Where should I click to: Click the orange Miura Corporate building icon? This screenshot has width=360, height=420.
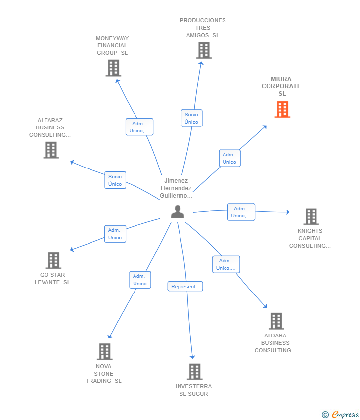(x=282, y=109)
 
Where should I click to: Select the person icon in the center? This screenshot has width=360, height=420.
(x=178, y=212)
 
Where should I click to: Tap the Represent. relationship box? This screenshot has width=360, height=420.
(x=185, y=286)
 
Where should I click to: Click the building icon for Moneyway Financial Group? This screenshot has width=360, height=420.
(x=113, y=68)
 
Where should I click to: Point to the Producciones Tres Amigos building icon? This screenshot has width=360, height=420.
(x=204, y=50)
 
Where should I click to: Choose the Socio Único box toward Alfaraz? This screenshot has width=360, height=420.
(x=115, y=180)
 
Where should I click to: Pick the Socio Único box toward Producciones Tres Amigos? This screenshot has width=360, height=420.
(x=191, y=118)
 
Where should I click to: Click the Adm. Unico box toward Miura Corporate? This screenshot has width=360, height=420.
(x=229, y=158)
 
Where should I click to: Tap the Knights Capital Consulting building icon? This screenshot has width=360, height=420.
(x=311, y=216)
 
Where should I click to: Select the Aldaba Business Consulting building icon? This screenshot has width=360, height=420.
(x=276, y=321)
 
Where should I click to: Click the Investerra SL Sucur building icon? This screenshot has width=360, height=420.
(x=195, y=372)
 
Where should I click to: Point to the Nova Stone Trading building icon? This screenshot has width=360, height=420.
(x=104, y=351)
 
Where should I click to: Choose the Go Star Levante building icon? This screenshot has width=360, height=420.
(x=53, y=260)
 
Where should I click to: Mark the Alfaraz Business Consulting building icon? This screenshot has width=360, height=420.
(x=51, y=150)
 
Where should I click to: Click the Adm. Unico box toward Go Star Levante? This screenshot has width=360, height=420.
(x=115, y=234)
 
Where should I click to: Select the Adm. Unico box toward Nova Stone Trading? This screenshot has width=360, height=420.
(x=140, y=280)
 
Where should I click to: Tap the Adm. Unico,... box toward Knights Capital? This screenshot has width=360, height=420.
(x=241, y=212)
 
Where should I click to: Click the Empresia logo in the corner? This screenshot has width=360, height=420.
(x=340, y=414)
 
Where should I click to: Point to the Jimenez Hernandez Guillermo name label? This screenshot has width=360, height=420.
(x=176, y=188)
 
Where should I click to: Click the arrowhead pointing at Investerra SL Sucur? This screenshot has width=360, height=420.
(x=192, y=357)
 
